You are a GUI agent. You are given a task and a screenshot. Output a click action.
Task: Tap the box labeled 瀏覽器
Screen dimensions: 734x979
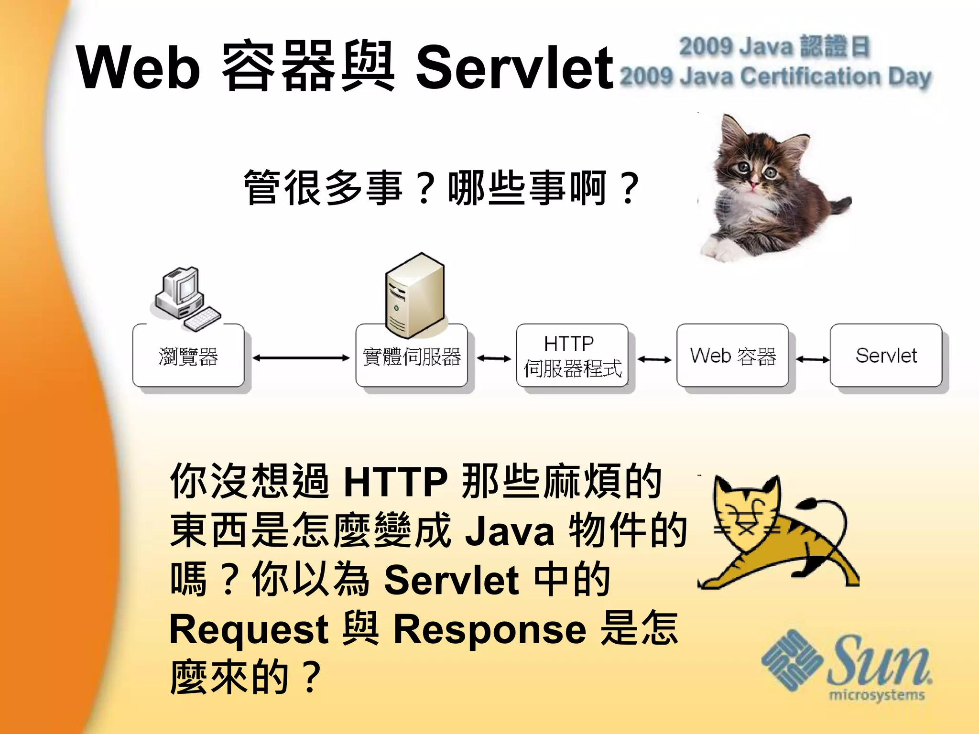(188, 356)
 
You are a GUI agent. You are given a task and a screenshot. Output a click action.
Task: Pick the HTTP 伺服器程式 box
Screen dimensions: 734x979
(572, 356)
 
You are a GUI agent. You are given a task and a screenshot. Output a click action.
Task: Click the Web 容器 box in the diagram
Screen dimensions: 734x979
(732, 356)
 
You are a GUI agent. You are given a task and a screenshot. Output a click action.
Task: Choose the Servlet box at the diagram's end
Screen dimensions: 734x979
(886, 356)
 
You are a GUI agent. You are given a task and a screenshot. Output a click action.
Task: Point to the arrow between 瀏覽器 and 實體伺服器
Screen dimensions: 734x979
(301, 358)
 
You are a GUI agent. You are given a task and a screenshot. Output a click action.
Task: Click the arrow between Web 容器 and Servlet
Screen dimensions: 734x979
(813, 359)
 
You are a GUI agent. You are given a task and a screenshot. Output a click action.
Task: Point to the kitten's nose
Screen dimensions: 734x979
(754, 183)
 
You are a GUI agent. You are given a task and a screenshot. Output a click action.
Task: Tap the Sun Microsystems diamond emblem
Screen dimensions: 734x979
(792, 660)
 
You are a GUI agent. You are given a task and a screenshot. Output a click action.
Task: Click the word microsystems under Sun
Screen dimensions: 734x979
(877, 694)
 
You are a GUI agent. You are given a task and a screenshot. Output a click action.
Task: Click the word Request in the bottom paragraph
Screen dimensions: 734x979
(249, 629)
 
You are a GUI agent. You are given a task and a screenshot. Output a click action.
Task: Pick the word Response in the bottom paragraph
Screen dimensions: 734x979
(490, 629)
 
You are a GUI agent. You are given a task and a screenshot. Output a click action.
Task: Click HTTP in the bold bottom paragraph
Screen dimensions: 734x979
(395, 481)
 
